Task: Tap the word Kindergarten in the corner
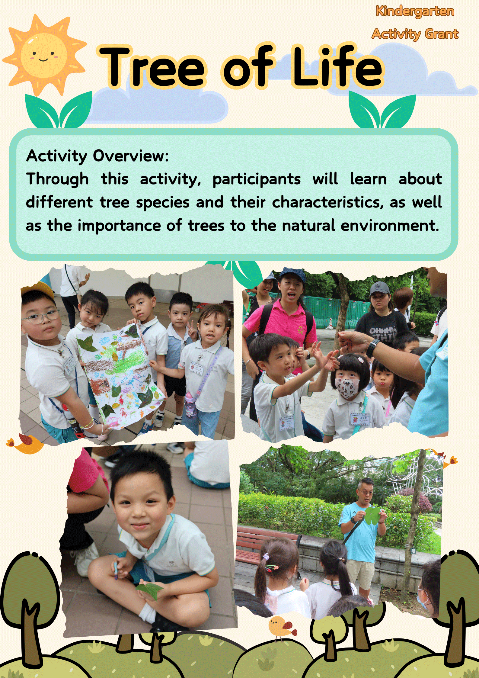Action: [x=415, y=11]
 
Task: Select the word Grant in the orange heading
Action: [x=442, y=34]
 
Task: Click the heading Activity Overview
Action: [x=97, y=156]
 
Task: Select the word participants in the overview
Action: [x=257, y=179]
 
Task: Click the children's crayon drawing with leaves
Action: [x=121, y=374]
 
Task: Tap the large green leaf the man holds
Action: [x=372, y=515]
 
